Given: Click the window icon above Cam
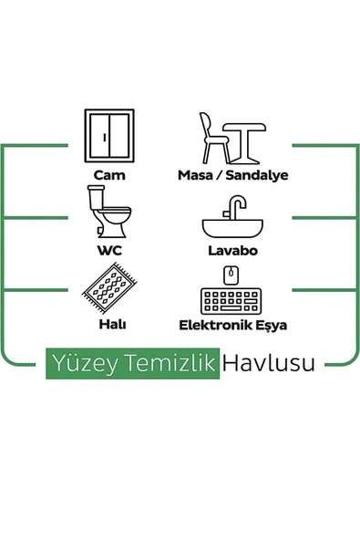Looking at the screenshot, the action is click(109, 135).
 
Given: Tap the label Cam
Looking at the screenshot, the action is click(109, 174).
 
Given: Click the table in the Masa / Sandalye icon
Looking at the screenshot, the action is click(243, 140).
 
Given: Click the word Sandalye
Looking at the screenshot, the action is click(257, 174).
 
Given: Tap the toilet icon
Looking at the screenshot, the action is click(108, 212).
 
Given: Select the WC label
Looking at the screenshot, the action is click(109, 249).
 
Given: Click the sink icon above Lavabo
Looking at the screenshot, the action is click(232, 223).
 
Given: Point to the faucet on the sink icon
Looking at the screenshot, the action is click(239, 207).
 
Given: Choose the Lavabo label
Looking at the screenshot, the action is click(232, 249).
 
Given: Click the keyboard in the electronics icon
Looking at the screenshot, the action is click(231, 300).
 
